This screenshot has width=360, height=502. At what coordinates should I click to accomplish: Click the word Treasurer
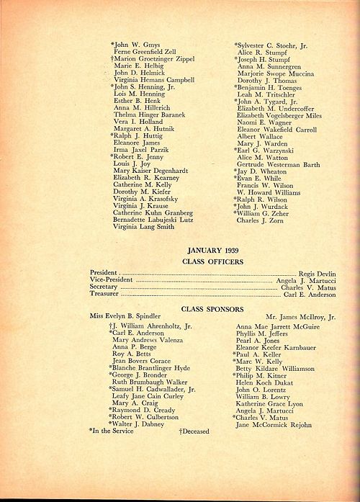(x=104, y=295)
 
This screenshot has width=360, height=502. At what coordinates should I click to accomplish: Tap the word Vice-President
(x=111, y=280)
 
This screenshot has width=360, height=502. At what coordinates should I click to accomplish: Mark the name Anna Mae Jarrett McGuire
(x=277, y=326)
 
